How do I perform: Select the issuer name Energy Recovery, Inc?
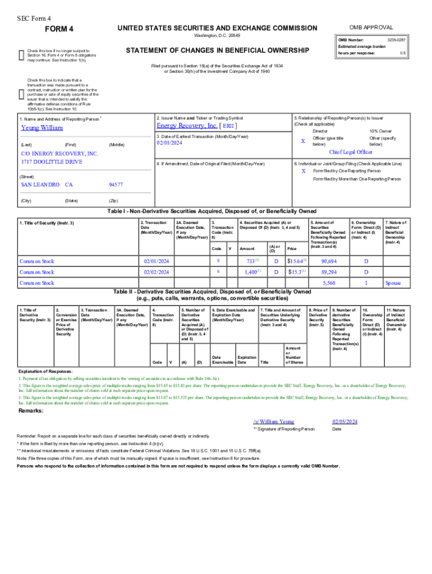pos(187,126)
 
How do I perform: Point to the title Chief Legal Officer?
pos(350,152)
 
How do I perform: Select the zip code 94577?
pos(116,184)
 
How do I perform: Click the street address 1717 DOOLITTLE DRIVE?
pos(52,162)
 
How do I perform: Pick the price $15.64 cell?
pos(295,261)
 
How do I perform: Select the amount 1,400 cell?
pos(250,272)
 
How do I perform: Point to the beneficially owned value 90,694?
pos(329,261)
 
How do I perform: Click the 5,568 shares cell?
pos(329,283)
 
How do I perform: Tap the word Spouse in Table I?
pos(393,283)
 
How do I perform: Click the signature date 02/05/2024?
pos(344,421)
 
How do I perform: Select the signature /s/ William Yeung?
pos(273,421)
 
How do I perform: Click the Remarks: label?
pos(31,411)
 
